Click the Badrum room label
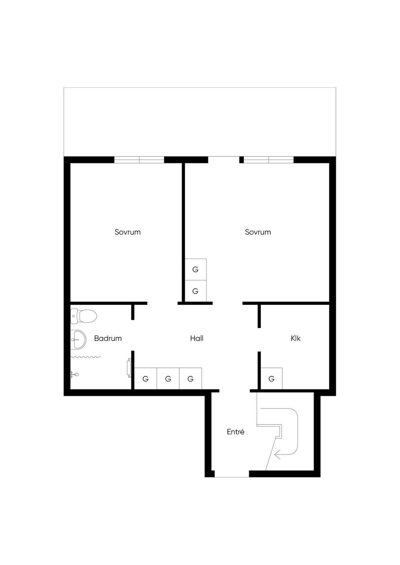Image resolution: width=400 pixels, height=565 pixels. [108, 338]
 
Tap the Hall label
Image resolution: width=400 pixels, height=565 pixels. [197, 338]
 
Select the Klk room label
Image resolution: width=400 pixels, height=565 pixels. [295, 338]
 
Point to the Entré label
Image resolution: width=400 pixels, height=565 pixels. [236, 432]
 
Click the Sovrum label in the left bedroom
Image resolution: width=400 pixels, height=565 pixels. [127, 232]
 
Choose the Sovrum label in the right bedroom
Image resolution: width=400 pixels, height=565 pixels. [258, 232]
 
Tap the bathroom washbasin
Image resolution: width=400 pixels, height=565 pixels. [79, 339]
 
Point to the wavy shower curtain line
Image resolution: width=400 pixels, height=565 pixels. [86, 357]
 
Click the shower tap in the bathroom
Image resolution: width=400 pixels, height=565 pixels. [75, 374]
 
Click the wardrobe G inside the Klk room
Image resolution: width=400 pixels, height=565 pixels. [271, 378]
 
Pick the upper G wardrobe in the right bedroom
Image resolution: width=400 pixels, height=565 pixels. [196, 269]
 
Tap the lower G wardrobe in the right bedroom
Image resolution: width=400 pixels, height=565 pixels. [196, 291]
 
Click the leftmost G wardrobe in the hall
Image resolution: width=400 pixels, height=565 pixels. [145, 378]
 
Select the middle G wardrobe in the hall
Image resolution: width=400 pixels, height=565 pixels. [168, 378]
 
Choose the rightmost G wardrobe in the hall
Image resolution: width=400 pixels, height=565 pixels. [191, 378]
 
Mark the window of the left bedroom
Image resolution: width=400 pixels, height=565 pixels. [139, 160]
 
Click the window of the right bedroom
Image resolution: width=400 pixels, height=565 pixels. [269, 160]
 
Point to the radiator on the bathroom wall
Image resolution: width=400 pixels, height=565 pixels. [129, 368]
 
